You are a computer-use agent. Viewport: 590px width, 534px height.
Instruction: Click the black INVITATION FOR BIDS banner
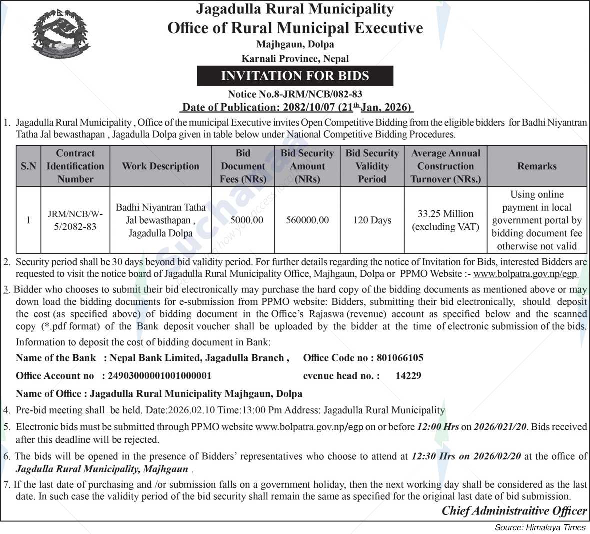pyautogui.click(x=295, y=76)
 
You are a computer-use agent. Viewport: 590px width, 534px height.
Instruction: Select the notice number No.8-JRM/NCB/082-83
pyautogui.click(x=295, y=94)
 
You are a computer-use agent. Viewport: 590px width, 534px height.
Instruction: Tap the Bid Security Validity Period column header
pyautogui.click(x=372, y=166)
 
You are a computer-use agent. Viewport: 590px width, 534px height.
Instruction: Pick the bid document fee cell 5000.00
pyautogui.click(x=247, y=220)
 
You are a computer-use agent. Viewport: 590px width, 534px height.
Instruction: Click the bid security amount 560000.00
pyautogui.click(x=307, y=220)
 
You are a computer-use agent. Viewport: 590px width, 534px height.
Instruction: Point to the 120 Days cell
pyautogui.click(x=372, y=220)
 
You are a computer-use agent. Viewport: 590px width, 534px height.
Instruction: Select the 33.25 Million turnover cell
pyautogui.click(x=445, y=220)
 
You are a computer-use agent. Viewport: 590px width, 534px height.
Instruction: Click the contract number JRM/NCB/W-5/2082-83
pyautogui.click(x=75, y=220)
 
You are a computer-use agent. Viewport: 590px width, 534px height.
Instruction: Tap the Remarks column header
pyautogui.click(x=537, y=166)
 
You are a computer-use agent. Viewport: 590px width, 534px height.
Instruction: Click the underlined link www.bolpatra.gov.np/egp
pyautogui.click(x=525, y=274)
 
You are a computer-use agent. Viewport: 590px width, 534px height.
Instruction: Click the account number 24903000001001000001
pyautogui.click(x=156, y=376)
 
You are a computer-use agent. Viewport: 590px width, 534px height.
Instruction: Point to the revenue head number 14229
pyautogui.click(x=408, y=376)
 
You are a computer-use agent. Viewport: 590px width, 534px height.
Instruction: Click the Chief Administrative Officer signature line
pyautogui.click(x=514, y=511)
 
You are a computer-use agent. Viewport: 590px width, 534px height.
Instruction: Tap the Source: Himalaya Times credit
pyautogui.click(x=540, y=527)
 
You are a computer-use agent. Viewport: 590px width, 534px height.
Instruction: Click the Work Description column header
pyautogui.click(x=160, y=166)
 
